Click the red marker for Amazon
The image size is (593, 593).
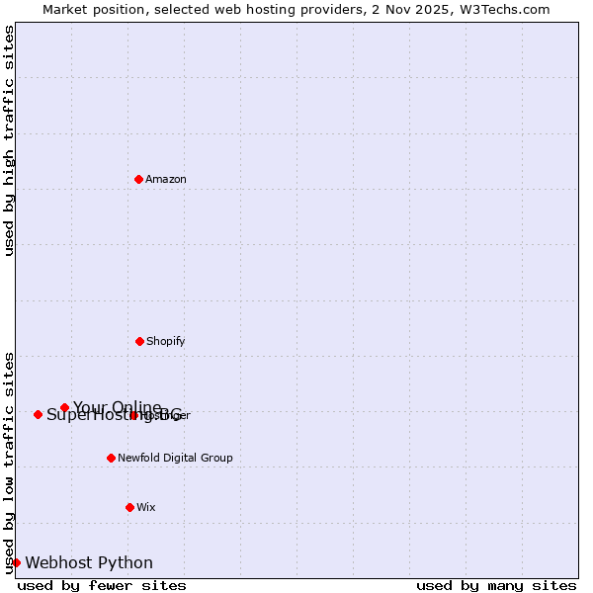coord(138,179)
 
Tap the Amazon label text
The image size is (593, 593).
coord(166,179)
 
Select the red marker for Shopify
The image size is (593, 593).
coord(139,341)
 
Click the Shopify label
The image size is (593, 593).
coord(166,341)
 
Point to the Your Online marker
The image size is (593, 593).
coord(64,407)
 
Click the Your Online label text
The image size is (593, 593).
coord(117,407)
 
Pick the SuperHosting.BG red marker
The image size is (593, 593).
coord(38,414)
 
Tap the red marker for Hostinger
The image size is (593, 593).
coord(133,415)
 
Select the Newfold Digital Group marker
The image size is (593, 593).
coord(111,458)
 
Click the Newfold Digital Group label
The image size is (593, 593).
coord(175,458)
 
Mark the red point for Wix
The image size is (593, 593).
coord(129,507)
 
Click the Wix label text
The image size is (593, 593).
coord(146,507)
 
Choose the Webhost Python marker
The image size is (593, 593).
coord(16,562)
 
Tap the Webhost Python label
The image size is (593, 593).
coord(89,562)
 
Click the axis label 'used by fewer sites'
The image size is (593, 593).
coord(102,585)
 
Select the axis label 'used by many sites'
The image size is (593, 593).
coord(496,585)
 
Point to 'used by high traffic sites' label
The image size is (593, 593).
coord(9,140)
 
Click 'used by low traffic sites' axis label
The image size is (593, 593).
coord(9,462)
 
